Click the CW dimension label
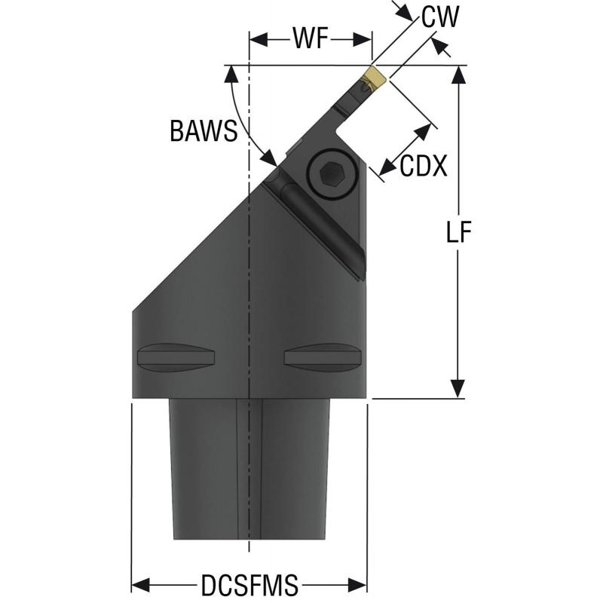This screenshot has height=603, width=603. pos(440,17)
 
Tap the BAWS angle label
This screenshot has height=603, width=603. pos(203,131)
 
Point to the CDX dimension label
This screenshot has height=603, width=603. pos(424,166)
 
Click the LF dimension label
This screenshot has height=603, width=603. pos(457,232)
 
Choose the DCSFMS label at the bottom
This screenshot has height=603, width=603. pos(249,584)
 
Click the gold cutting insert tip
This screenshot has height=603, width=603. pos(375,77)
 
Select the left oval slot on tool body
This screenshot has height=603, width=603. pos(176,355)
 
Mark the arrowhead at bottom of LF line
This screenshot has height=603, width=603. pos(457,390)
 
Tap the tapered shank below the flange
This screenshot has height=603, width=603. pos(249,467)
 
